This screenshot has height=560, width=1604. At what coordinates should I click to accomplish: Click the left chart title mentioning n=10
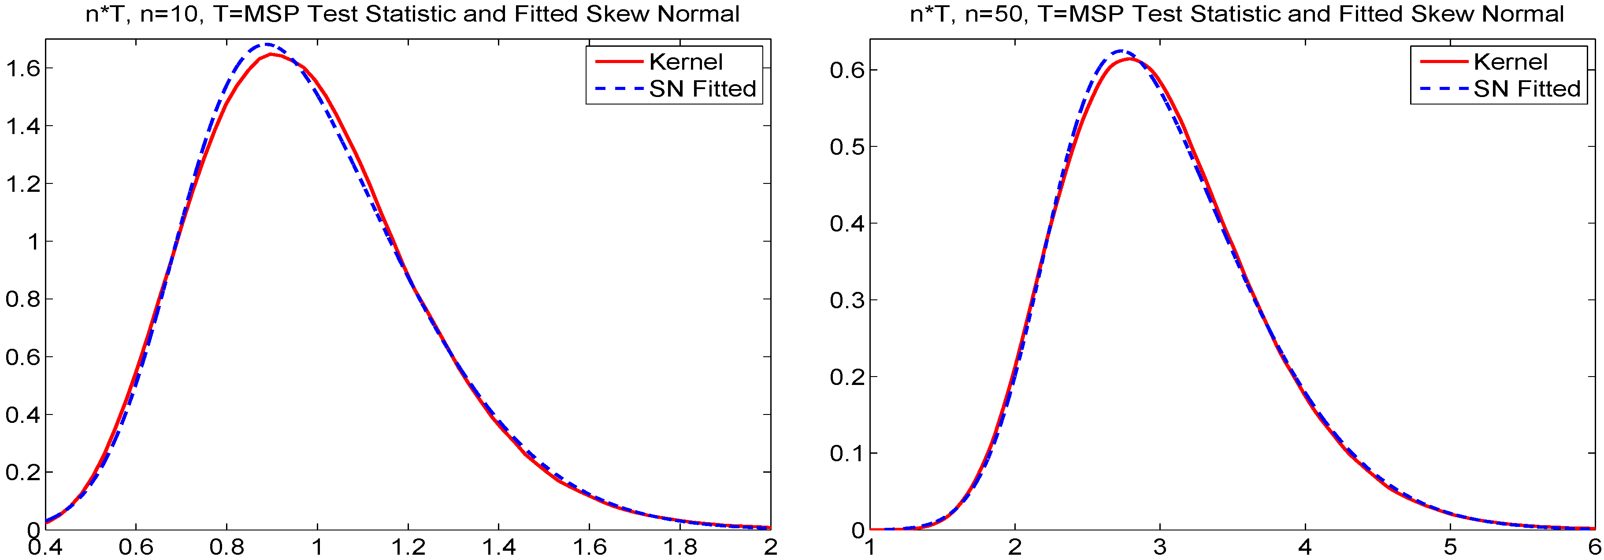tap(412, 14)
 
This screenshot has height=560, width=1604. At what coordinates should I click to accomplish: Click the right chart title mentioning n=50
tap(1236, 14)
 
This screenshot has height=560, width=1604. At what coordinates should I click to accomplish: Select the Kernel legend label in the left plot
tap(686, 62)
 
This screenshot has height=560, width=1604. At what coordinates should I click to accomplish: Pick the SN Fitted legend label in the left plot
tap(702, 89)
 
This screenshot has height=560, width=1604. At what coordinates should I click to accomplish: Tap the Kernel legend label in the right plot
tap(1510, 62)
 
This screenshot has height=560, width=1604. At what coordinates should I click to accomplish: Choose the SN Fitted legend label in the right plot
tap(1527, 89)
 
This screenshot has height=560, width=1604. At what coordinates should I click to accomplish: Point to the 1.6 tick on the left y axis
tap(22, 68)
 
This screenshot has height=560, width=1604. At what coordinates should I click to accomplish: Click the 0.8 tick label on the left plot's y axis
tap(22, 299)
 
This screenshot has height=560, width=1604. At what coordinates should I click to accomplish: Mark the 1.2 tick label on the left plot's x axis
tap(408, 547)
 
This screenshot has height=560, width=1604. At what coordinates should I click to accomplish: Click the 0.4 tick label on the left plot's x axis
tap(45, 547)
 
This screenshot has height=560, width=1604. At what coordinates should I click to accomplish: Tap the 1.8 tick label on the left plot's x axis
tap(680, 547)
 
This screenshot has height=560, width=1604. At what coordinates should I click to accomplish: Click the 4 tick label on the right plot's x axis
tap(1305, 547)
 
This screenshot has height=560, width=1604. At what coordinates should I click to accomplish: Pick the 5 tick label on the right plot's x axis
tap(1450, 547)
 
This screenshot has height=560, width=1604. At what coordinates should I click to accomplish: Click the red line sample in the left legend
tap(618, 62)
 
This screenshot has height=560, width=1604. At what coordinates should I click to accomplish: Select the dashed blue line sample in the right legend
tap(1443, 89)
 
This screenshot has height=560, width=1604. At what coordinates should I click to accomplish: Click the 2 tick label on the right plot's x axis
tap(1015, 547)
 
